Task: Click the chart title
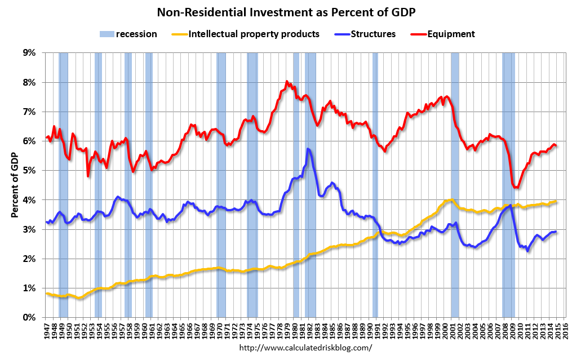[286, 12]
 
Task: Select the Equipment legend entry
[451, 34]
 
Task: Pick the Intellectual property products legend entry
[254, 34]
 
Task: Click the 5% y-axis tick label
[29, 171]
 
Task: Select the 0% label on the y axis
[29, 318]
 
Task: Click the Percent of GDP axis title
[15, 185]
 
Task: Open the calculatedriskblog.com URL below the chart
[306, 348]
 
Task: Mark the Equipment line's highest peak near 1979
[287, 82]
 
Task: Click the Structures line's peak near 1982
[308, 149]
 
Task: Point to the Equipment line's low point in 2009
[515, 188]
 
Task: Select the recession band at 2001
[455, 185]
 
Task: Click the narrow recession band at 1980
[296, 185]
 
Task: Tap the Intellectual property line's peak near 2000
[451, 199]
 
